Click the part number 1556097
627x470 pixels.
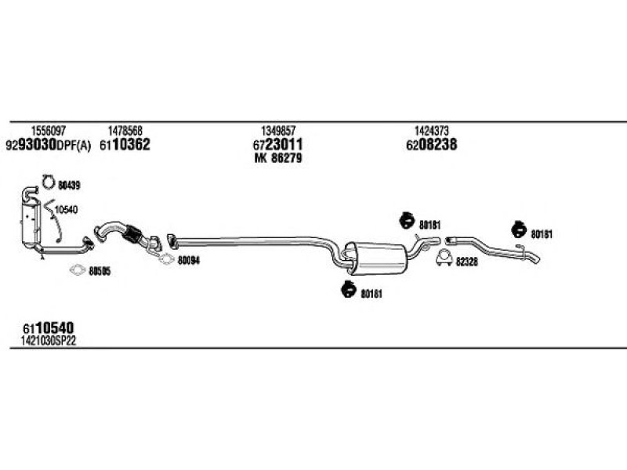tap(48, 131)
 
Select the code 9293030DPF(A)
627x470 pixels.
tap(49, 145)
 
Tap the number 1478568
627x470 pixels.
tap(125, 131)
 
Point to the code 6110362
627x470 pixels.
tap(125, 145)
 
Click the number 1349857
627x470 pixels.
tap(278, 131)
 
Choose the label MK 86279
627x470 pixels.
tap(278, 158)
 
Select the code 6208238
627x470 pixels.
tap(432, 145)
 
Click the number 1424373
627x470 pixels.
tap(432, 131)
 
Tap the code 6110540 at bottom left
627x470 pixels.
tap(49, 328)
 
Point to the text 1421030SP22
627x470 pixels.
tap(49, 341)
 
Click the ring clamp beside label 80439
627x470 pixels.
tap(48, 183)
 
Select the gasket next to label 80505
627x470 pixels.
tap(77, 270)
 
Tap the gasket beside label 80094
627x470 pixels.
tap(166, 259)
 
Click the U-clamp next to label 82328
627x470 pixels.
tap(444, 258)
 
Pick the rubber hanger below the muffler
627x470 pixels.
tap(349, 289)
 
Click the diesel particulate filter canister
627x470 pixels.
tap(31, 223)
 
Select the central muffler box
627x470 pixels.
tap(377, 258)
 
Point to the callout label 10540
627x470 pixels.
tap(66, 209)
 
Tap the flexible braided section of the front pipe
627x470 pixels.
tap(132, 233)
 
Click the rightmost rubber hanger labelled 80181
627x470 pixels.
tap(519, 230)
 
